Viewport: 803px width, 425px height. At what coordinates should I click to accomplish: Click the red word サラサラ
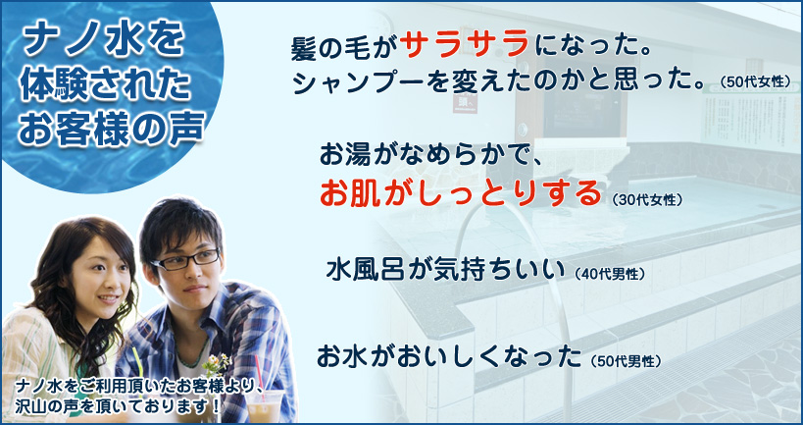tap(465, 44)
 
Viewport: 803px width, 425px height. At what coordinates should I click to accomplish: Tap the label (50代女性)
tap(755, 82)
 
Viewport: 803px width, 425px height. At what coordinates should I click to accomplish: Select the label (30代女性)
tap(647, 200)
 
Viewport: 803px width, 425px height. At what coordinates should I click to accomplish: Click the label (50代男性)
tap(626, 361)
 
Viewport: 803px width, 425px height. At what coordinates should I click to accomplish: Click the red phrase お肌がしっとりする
tap(460, 192)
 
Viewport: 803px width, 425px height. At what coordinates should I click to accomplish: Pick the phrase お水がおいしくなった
tap(449, 357)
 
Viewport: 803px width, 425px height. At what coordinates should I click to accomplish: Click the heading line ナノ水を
tap(103, 43)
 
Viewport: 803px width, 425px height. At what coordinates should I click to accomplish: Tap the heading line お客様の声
tap(112, 129)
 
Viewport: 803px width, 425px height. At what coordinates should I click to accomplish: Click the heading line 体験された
tap(105, 85)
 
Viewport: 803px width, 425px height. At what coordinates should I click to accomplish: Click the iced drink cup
tap(265, 406)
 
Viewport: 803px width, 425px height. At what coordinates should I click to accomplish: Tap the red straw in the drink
tap(260, 374)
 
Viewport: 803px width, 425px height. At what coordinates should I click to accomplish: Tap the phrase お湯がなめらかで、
tap(427, 154)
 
